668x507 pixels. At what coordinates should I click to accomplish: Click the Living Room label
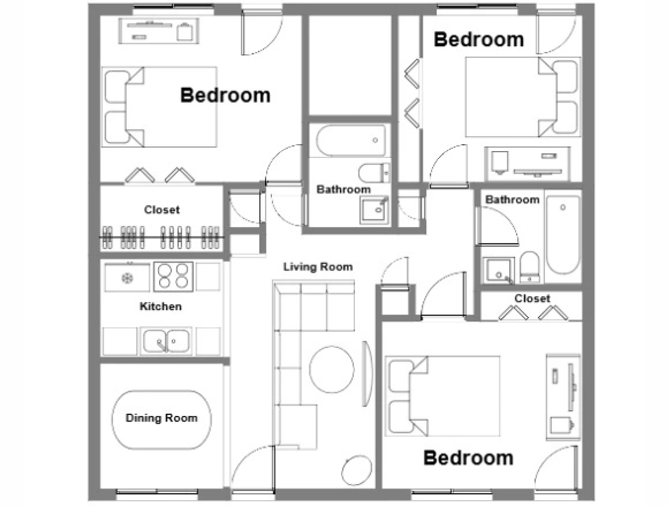point(318,267)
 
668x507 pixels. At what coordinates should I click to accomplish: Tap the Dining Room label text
point(161,418)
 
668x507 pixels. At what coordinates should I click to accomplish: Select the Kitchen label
point(160,306)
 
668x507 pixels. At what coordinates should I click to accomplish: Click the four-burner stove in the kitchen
point(173,276)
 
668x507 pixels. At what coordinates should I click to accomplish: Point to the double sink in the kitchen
point(166,341)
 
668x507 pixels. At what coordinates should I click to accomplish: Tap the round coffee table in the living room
point(332,369)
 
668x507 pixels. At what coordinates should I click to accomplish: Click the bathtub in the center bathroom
point(351,141)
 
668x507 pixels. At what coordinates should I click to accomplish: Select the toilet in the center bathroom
point(374,173)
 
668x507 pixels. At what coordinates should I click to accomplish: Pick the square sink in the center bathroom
point(374,210)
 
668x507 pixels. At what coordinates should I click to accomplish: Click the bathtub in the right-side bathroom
point(563,235)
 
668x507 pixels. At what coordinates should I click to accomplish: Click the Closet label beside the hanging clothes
point(162,210)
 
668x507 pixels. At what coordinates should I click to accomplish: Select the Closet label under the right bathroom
point(532,298)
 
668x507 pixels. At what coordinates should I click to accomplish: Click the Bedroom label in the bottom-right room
point(468,458)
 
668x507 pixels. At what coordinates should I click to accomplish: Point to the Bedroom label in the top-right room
point(479,39)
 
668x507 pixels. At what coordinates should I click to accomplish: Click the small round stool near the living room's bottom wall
point(357,470)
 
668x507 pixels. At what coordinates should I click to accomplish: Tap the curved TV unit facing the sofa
point(367,374)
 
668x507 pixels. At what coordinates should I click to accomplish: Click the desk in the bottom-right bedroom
point(563,397)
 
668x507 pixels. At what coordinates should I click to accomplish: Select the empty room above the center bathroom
point(350,65)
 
